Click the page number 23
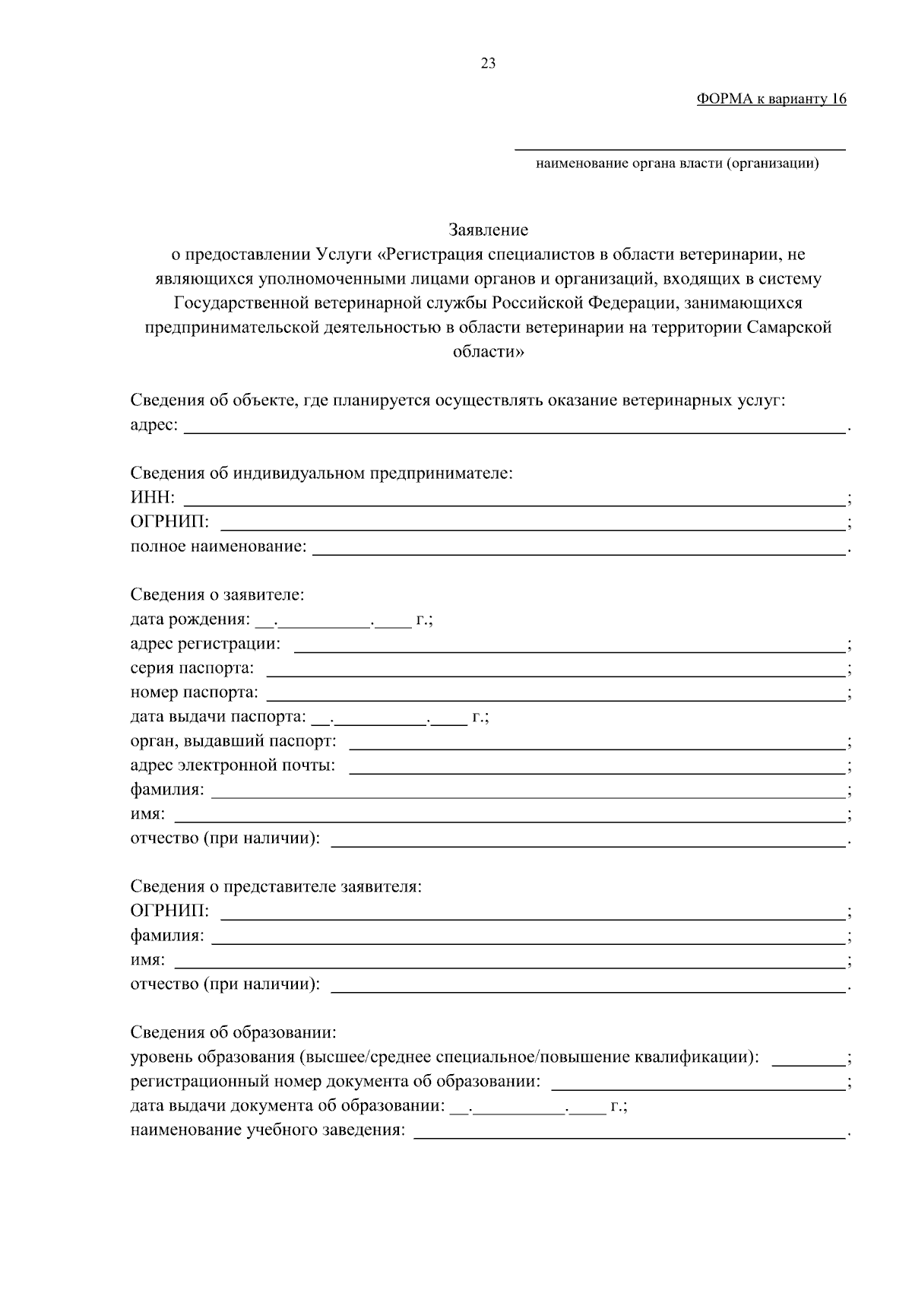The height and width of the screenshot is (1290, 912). (488, 64)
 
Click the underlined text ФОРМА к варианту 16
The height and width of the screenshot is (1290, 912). (771, 100)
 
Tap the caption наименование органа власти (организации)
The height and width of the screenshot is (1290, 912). (677, 163)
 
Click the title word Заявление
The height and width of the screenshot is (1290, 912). (488, 230)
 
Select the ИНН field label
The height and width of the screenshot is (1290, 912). (152, 498)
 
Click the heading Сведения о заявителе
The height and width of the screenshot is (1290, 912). (217, 594)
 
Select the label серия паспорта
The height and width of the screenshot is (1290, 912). (192, 668)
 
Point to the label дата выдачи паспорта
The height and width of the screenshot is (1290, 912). (218, 717)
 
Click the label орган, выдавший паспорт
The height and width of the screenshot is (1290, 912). (233, 741)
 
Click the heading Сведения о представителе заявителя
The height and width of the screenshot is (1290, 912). (276, 886)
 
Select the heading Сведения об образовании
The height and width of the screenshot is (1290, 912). (233, 1032)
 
